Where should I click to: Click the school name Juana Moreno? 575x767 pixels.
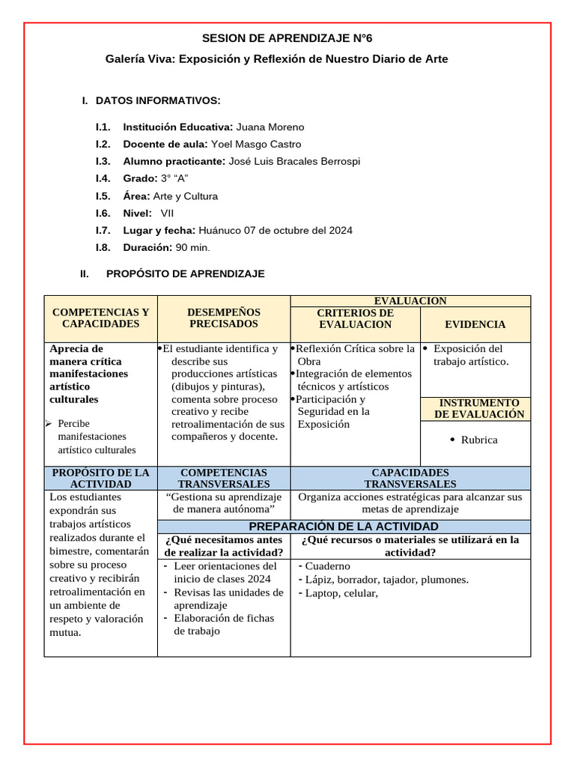tap(270, 127)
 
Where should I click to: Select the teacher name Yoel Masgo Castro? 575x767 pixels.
tap(256, 144)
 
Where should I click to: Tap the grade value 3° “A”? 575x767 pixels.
tap(174, 178)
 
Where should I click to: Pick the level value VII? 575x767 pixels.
tap(168, 213)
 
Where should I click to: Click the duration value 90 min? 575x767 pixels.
tap(193, 247)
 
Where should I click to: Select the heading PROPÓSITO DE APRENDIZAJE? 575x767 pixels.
tap(186, 274)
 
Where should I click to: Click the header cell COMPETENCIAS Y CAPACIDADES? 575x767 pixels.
tap(100, 318)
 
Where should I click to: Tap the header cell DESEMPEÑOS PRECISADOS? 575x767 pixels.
tap(223, 318)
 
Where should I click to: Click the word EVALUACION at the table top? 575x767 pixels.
tap(410, 301)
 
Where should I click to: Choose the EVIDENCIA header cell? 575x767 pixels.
tap(475, 324)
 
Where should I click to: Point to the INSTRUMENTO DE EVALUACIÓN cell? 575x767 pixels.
tap(479, 409)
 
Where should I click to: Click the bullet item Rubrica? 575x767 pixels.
tap(479, 440)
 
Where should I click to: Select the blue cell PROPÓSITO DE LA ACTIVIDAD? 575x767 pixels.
tap(100, 478)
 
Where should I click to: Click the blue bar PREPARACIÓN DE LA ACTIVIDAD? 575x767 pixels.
tap(344, 527)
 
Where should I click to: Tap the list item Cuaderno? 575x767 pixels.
tap(327, 566)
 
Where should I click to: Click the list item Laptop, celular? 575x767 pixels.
tap(341, 593)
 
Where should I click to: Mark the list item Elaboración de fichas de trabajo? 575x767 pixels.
tap(223, 625)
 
